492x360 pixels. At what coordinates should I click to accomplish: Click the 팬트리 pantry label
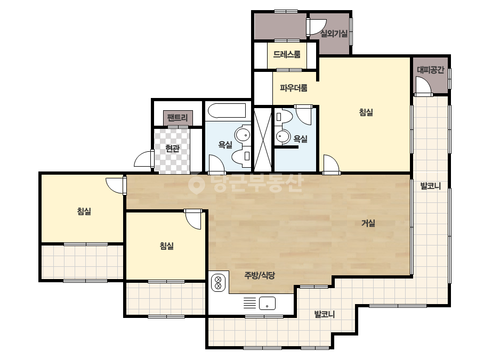tap(178, 118)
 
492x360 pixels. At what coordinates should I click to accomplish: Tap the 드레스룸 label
tap(287, 54)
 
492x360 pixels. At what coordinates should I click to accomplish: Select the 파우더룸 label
tap(294, 88)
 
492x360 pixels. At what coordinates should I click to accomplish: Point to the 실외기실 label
tap(334, 34)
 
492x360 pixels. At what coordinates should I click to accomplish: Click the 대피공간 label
tap(431, 70)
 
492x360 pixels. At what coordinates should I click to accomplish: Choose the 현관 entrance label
tap(172, 149)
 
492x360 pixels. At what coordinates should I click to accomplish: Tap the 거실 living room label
tap(368, 223)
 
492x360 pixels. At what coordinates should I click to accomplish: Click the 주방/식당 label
tap(260, 275)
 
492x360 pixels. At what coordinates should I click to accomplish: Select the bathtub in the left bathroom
tap(227, 111)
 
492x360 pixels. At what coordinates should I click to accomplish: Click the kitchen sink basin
tap(268, 303)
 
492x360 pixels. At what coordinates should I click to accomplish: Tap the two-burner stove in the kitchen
tap(219, 282)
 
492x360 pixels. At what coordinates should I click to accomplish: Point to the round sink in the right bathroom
tap(283, 136)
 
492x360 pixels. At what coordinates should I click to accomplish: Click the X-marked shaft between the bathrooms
tap(263, 140)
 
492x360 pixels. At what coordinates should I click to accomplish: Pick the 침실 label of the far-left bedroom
tap(84, 211)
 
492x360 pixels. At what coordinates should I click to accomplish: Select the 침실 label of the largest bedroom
tap(366, 112)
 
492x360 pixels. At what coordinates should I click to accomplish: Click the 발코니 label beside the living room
tap(431, 186)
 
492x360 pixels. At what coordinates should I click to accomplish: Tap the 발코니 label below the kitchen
tap(325, 314)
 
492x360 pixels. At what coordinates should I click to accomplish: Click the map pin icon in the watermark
tap(196, 183)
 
